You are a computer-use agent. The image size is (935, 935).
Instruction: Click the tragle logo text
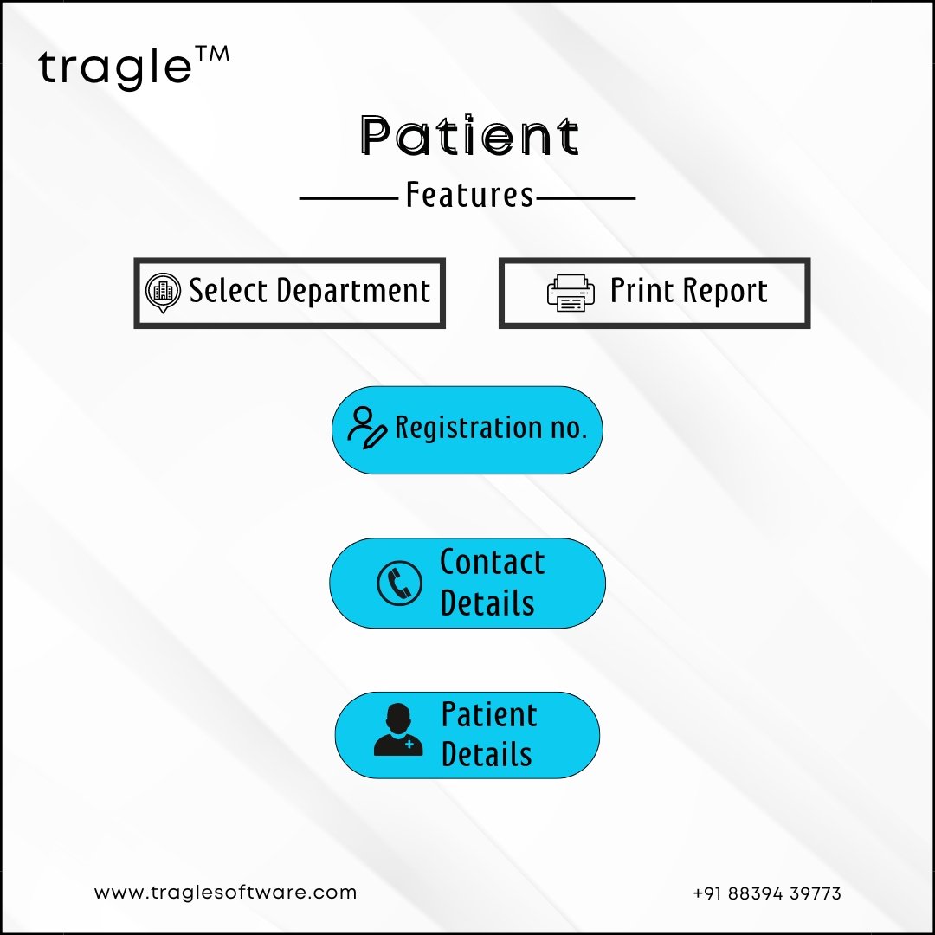[x=115, y=68]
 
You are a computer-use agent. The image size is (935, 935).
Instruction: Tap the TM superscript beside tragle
[x=212, y=55]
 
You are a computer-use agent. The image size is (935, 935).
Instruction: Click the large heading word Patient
[x=469, y=135]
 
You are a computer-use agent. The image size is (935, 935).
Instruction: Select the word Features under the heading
[x=469, y=195]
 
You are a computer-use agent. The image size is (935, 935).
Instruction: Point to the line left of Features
[x=349, y=198]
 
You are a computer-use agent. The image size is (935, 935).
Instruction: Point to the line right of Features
[x=585, y=198]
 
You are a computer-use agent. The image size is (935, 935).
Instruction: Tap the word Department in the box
[x=353, y=292]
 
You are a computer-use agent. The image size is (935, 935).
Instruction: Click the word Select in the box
[x=229, y=290]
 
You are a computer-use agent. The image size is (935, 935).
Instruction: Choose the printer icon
[x=571, y=293]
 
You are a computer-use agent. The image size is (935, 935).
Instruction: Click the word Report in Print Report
[x=725, y=292]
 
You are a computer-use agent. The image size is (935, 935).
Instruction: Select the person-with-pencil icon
[x=367, y=428]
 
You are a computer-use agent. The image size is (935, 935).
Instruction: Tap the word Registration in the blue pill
[x=468, y=429]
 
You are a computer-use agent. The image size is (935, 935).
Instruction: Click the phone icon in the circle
[x=399, y=583]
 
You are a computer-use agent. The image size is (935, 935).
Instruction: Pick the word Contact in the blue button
[x=492, y=562]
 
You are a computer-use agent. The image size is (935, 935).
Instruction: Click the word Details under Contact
[x=487, y=603]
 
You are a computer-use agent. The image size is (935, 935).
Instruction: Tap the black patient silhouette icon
[x=398, y=729]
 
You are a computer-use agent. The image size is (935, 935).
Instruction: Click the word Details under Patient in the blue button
[x=487, y=754]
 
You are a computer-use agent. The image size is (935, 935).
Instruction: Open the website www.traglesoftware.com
[x=225, y=893]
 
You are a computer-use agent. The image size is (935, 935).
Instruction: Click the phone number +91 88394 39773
[x=767, y=893]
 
